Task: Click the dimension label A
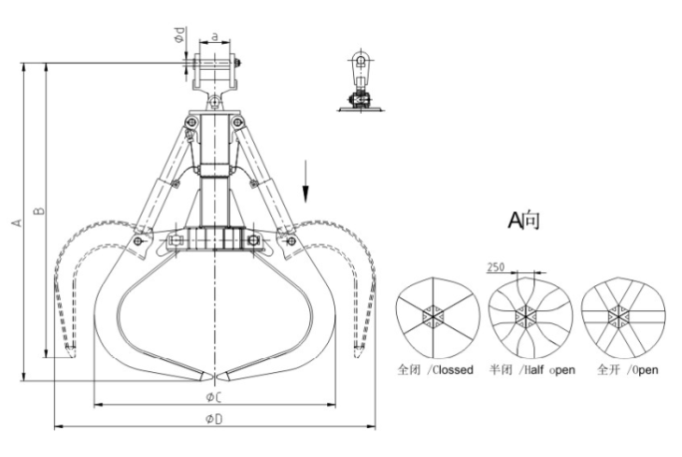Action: [x=17, y=222]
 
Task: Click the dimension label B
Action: [x=39, y=210]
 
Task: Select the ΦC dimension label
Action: [x=215, y=397]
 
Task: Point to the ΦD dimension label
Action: [x=215, y=419]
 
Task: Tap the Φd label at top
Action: [x=180, y=35]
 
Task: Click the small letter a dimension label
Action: [x=215, y=37]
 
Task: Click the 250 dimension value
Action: [x=496, y=266]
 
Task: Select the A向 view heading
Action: [x=524, y=220]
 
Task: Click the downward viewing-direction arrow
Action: [x=305, y=181]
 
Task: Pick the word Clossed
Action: [x=453, y=370]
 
